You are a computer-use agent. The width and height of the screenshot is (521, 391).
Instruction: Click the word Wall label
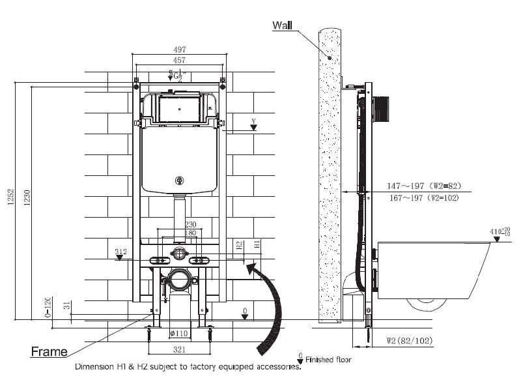tap(283, 25)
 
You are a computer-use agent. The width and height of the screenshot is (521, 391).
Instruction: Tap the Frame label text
tap(49, 352)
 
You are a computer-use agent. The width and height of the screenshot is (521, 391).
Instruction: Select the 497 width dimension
tap(179, 50)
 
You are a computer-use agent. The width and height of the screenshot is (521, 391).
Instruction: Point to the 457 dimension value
tap(179, 59)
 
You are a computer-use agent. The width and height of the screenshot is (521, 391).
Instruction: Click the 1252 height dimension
tap(9, 201)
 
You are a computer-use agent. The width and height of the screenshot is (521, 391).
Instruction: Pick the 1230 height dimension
tap(27, 201)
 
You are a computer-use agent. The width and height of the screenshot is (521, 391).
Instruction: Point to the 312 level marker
tap(120, 252)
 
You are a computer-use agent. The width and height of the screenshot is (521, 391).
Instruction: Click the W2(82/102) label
tap(409, 340)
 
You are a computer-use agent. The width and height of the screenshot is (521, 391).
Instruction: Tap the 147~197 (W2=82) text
tap(415, 186)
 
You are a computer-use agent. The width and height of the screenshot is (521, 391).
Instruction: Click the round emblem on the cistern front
tap(179, 181)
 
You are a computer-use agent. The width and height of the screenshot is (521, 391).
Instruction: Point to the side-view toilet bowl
tap(432, 270)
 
